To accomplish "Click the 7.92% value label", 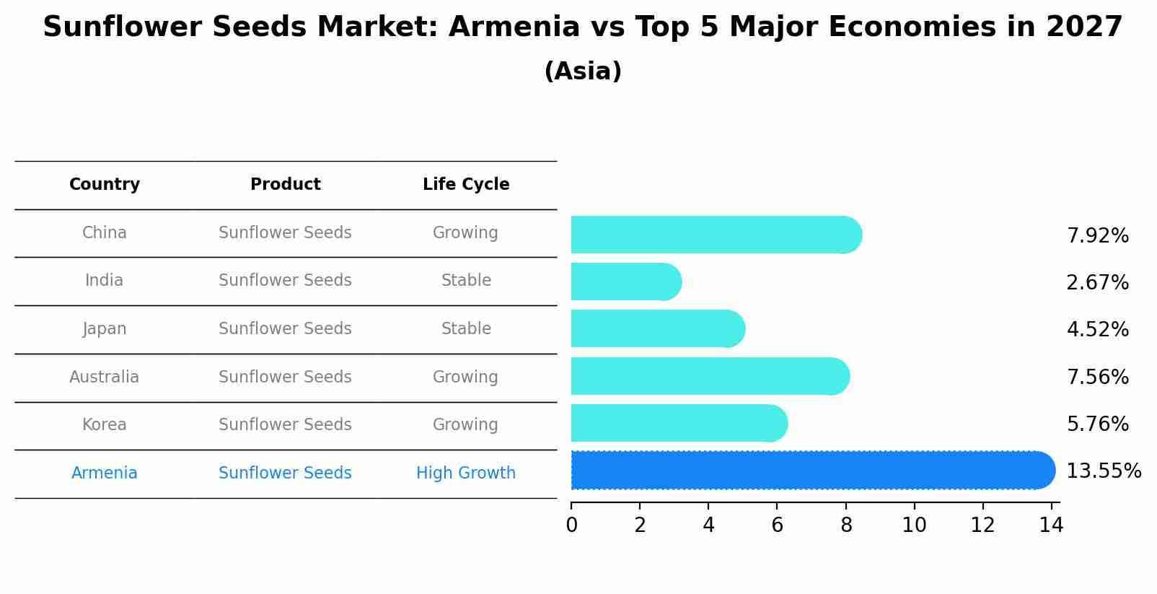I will click(x=1097, y=236).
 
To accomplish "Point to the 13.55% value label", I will click(x=1103, y=471).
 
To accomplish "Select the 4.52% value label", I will click(x=1097, y=330).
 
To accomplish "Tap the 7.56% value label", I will click(x=1097, y=377).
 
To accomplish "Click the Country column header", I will click(x=105, y=185).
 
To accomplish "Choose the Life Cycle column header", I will click(x=466, y=185).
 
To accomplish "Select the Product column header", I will click(x=285, y=185).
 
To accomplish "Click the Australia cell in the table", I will click(x=105, y=377).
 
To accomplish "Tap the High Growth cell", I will click(x=466, y=473).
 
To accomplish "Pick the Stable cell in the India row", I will click(x=466, y=281).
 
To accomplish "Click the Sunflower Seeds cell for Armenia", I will click(x=285, y=473).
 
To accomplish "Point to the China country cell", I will click(x=105, y=233).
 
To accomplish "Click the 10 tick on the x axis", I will click(x=914, y=525).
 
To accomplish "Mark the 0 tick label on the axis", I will click(x=571, y=525).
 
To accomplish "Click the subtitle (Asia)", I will click(x=583, y=71).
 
